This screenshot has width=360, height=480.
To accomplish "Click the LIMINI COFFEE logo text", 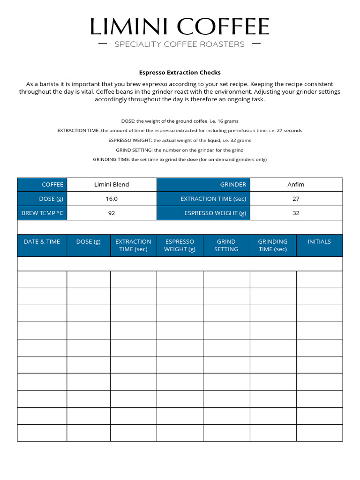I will coord(180,27).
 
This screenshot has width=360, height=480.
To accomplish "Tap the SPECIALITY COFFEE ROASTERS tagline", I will coord(180,45).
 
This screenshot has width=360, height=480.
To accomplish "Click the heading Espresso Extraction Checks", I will coord(180,73).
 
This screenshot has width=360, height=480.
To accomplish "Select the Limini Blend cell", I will coord(112,185).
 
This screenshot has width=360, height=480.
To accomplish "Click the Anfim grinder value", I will coord(296,185).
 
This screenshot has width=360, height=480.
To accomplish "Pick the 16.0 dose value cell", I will coord(112,199).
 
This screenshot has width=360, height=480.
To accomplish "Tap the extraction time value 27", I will coord(296,199).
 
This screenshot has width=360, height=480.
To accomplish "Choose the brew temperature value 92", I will coord(112,213).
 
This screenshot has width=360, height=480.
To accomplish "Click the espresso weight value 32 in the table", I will coord(296,213).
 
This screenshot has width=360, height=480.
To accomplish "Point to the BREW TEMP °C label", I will coord(42,213).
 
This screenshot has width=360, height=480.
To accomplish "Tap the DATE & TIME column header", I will coord(42,242).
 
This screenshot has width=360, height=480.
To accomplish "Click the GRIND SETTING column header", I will coord(226,245).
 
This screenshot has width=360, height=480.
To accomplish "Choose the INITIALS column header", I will coord(319,242).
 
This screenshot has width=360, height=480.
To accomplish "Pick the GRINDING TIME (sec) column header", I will coord(273,245).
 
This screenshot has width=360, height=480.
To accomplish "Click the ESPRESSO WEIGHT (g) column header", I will coord(180,245).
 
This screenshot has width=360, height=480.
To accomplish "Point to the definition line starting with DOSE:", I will coord(180,121).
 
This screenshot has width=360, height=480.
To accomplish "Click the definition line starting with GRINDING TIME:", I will coord(180,159).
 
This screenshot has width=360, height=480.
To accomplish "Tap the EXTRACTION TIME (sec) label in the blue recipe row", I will coord(213,199).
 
